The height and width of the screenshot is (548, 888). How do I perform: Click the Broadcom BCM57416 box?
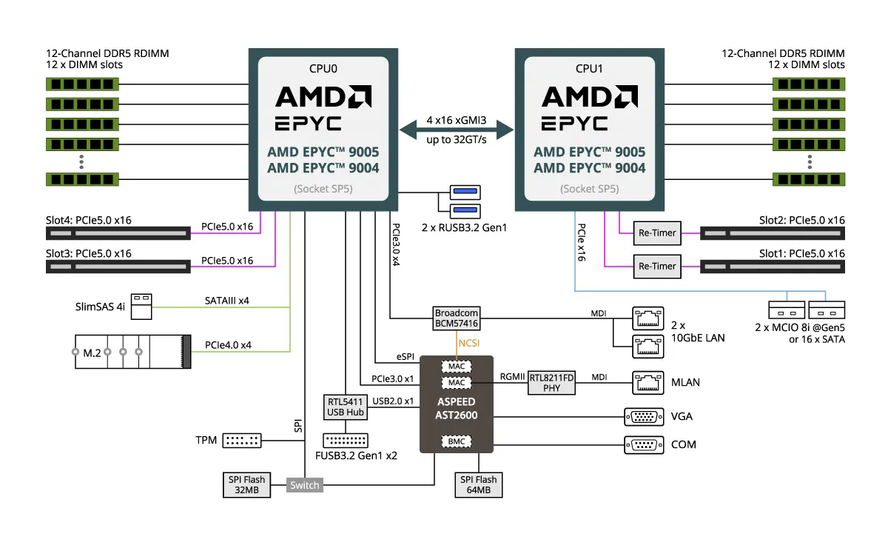[457, 318]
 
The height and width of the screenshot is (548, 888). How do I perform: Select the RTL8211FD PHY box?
[551, 383]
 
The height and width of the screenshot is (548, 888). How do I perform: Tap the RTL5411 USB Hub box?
[346, 407]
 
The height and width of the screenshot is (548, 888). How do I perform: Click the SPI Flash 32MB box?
[246, 484]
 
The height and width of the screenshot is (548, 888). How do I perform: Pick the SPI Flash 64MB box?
[479, 484]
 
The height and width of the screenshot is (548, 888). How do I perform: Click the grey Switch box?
[304, 485]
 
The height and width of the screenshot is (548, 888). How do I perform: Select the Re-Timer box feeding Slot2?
[657, 233]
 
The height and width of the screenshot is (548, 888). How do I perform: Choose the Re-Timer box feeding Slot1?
[657, 267]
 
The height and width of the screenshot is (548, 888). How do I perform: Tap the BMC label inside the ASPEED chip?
[457, 441]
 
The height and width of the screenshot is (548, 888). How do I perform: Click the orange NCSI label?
[469, 343]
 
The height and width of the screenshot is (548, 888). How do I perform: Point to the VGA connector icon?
[644, 417]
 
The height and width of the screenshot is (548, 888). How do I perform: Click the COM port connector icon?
[644, 445]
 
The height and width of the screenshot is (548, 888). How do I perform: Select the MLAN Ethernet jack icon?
[647, 383]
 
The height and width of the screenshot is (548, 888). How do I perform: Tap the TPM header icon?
[242, 441]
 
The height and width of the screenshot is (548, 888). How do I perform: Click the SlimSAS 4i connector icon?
[141, 307]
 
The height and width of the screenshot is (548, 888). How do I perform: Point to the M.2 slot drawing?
[133, 352]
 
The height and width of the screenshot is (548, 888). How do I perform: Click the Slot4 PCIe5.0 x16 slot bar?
[118, 233]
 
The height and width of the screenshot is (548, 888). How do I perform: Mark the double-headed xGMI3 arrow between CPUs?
[457, 130]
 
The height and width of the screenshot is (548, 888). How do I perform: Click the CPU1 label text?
[589, 69]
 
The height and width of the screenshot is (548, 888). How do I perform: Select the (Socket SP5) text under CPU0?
[323, 189]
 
